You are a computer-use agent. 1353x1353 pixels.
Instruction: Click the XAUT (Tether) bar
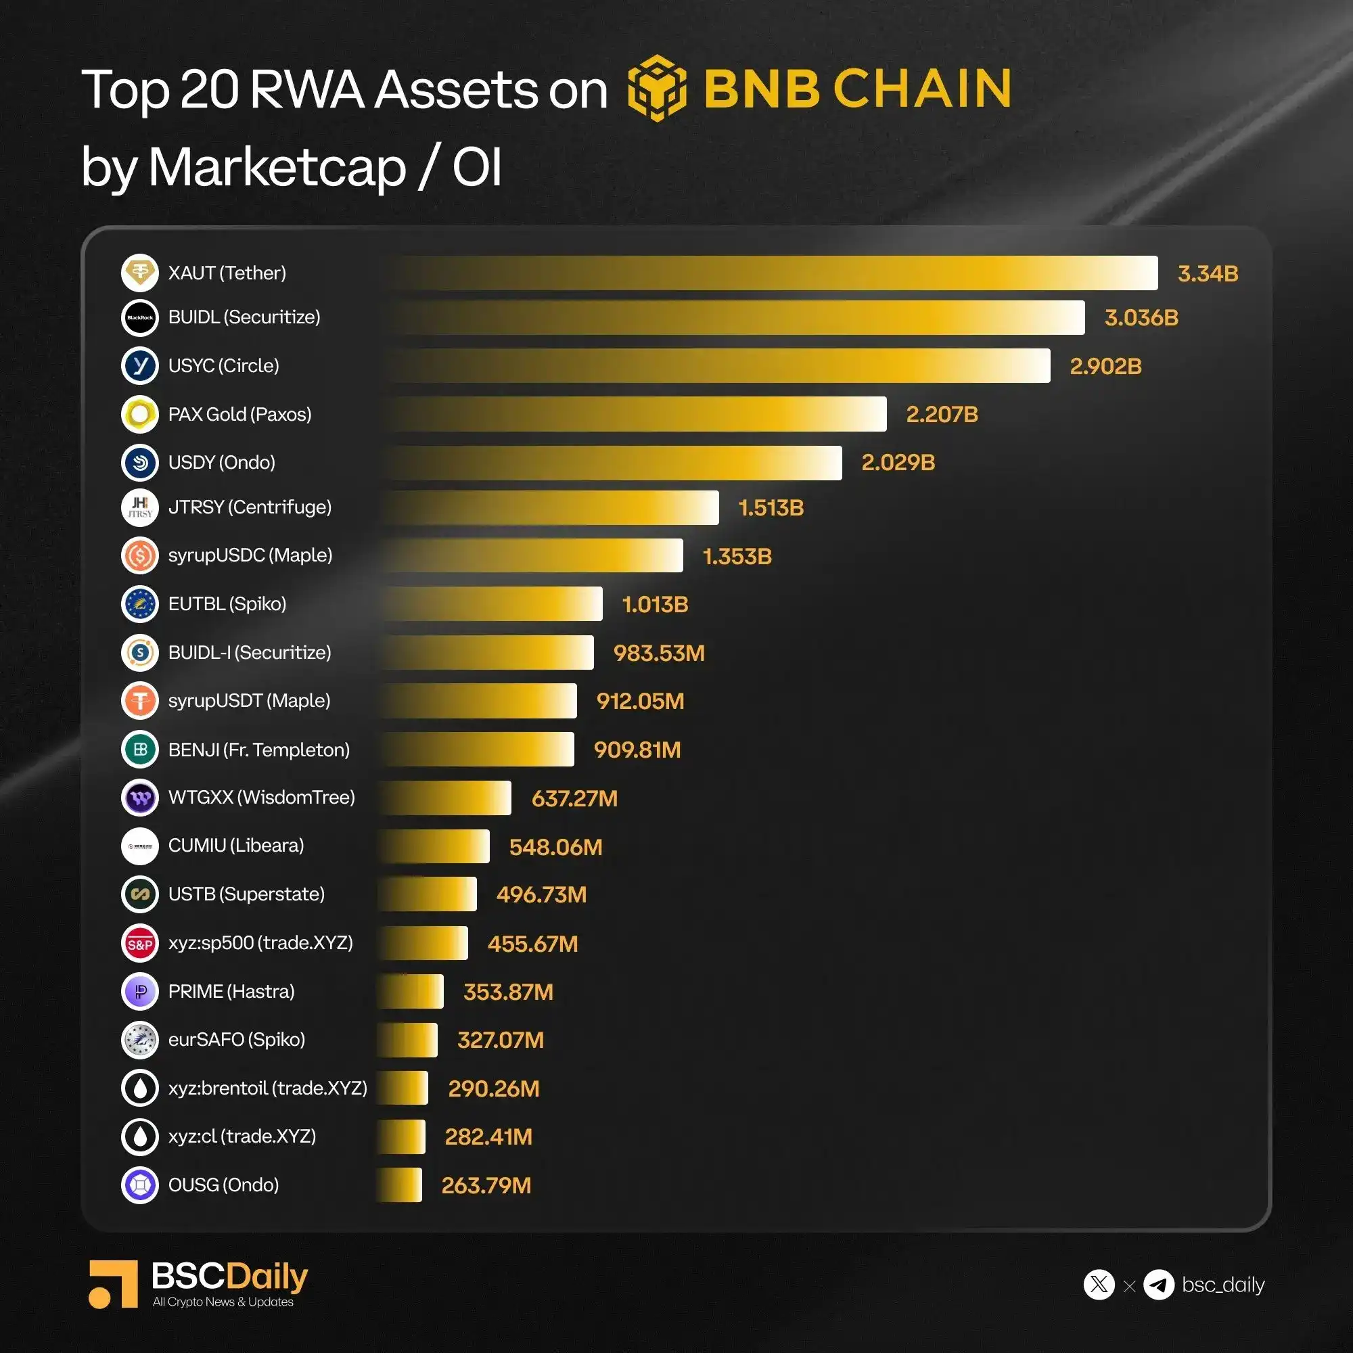pos(771,273)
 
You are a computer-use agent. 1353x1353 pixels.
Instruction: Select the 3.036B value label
pos(1141,317)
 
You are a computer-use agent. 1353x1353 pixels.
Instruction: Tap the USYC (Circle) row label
pos(223,365)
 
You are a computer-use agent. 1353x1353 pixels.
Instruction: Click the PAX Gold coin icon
pos(140,414)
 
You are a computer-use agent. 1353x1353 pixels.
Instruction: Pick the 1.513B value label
pos(771,508)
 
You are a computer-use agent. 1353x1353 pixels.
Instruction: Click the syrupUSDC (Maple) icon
pos(140,555)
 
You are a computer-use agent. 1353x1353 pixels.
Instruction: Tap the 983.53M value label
pos(658,653)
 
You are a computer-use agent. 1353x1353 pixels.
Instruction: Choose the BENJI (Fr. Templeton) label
pos(258,750)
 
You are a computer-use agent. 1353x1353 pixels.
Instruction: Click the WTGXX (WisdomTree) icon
pos(140,798)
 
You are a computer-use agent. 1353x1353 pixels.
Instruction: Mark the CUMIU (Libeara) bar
pos(434,846)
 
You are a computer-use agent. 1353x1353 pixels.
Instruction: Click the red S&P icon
pos(140,943)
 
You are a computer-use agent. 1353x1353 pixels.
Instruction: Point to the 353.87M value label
pos(508,992)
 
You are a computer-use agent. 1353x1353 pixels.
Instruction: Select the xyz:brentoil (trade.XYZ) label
pos(267,1088)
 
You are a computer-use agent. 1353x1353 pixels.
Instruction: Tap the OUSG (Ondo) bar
pos(400,1185)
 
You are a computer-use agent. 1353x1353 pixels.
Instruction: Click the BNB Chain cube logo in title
pos(656,88)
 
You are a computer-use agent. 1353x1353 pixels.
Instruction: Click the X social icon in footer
pos(1098,1285)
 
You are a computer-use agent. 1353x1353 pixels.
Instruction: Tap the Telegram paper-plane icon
pos(1158,1285)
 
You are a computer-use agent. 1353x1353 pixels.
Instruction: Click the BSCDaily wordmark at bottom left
pos(229,1276)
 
